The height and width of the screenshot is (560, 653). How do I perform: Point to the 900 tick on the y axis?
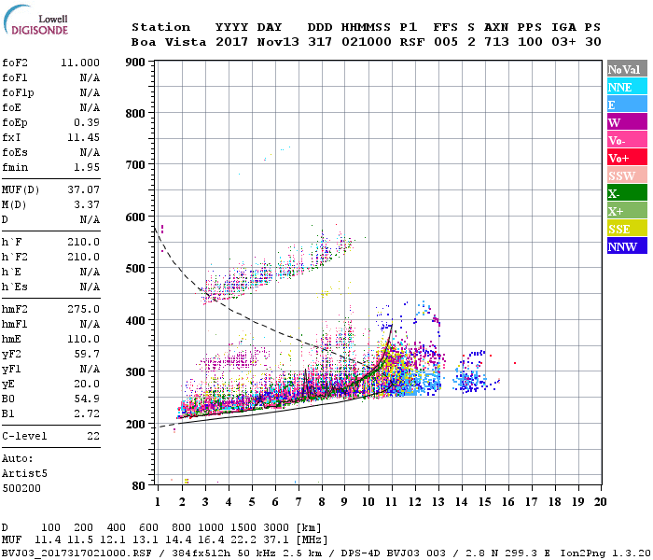(137, 63)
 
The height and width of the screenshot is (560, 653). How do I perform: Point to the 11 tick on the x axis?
(391, 501)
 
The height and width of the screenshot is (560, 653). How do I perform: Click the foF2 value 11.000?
(80, 63)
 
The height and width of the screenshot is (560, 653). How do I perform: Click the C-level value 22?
(92, 436)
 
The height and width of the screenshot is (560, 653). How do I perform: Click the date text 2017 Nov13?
(248, 42)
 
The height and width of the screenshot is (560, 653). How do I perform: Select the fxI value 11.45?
(84, 137)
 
